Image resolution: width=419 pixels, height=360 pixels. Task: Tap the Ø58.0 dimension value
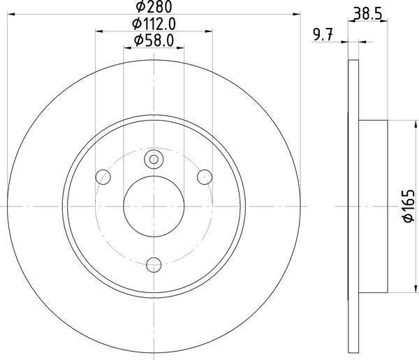154,40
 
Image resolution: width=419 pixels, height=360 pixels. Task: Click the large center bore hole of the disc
154,207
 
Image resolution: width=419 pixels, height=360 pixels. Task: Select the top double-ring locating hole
154,160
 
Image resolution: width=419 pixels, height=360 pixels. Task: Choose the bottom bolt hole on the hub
154,264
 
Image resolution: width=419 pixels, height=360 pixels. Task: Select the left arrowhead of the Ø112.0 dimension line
98,31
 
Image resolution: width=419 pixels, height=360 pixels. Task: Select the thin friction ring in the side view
353,207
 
